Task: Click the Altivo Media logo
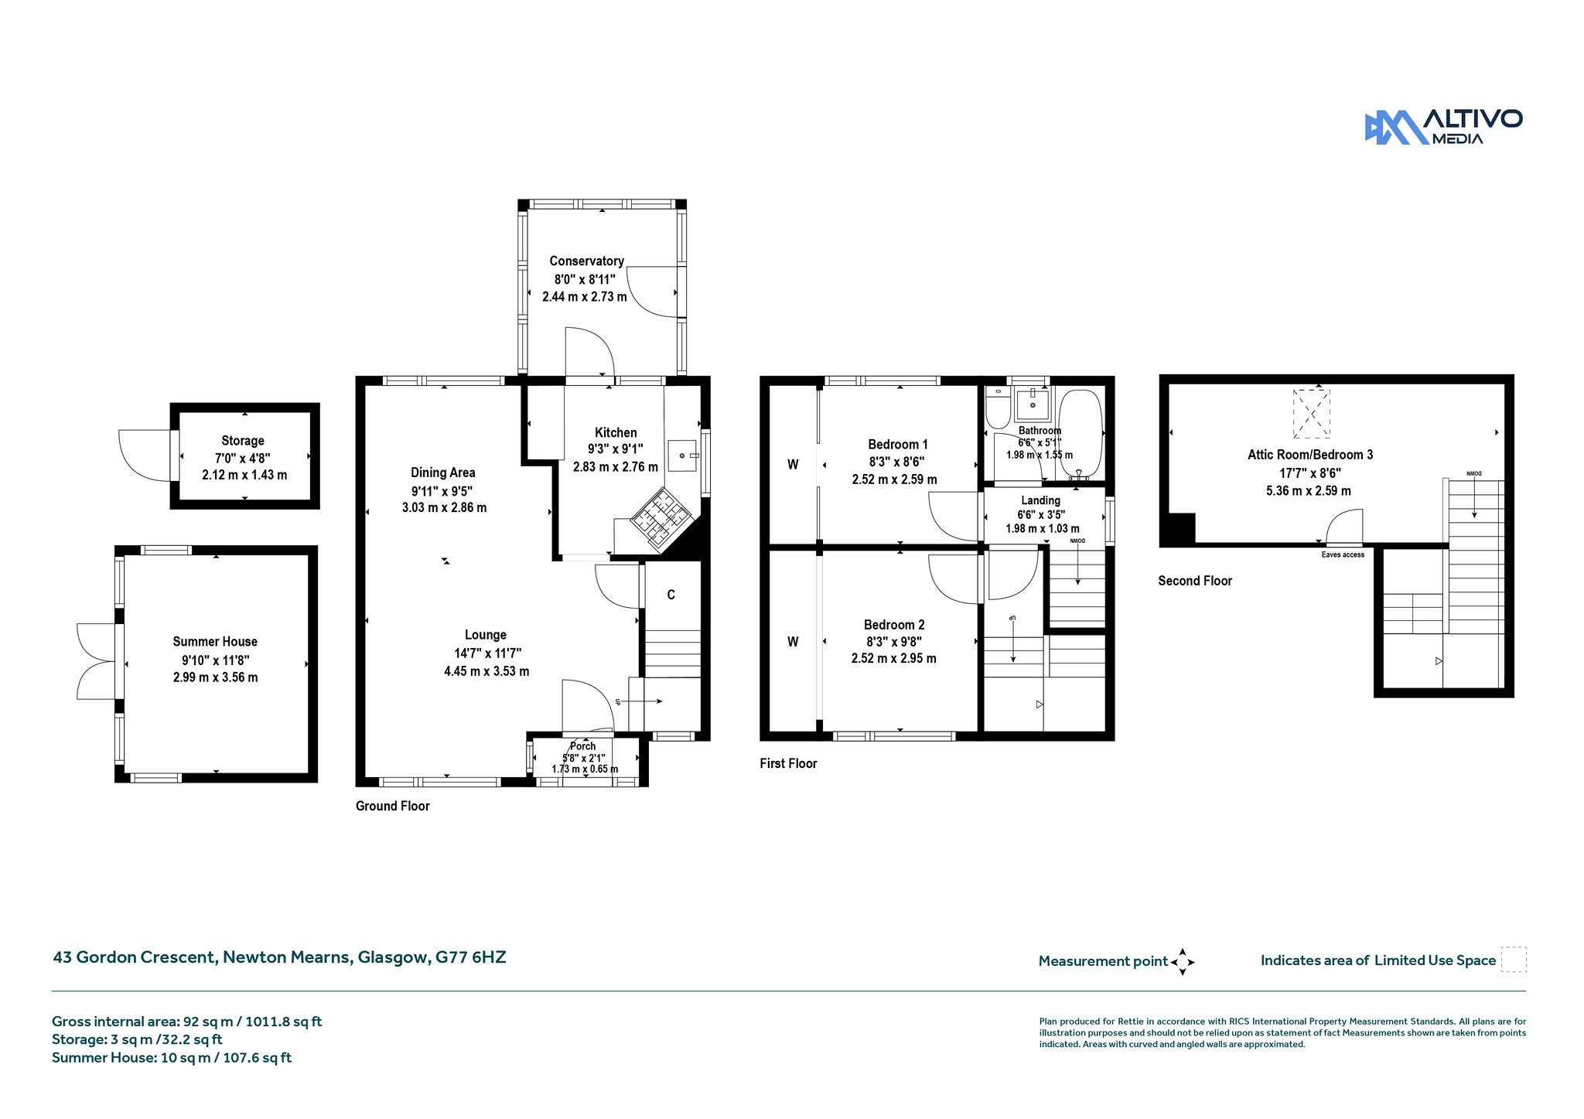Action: tap(1443, 127)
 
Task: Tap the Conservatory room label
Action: tap(586, 261)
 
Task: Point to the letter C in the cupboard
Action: tap(671, 595)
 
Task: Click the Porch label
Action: tap(583, 746)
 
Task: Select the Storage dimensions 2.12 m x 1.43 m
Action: tap(244, 475)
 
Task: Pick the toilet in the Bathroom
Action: tap(998, 408)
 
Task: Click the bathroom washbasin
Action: tap(1033, 403)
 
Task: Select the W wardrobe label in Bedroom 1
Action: tap(793, 465)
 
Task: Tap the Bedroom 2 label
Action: tap(894, 625)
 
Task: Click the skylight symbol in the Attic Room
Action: tap(1312, 414)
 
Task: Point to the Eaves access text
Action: tap(1343, 554)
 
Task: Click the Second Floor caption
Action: tap(1195, 581)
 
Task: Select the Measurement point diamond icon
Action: tap(1183, 962)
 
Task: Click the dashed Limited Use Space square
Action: tap(1514, 960)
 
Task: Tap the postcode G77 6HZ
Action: tap(470, 957)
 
